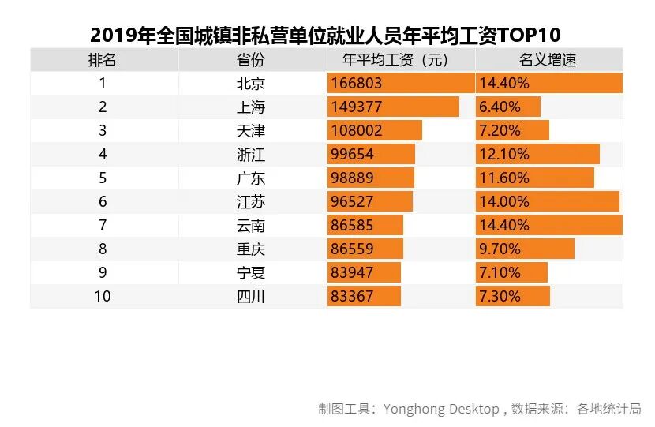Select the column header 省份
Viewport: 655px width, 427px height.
coord(251,60)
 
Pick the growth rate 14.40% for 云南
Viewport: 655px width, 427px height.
coord(503,226)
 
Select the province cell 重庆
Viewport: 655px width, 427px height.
coord(251,249)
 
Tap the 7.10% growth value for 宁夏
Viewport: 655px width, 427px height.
coord(500,273)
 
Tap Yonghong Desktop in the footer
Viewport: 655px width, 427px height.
coord(441,409)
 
